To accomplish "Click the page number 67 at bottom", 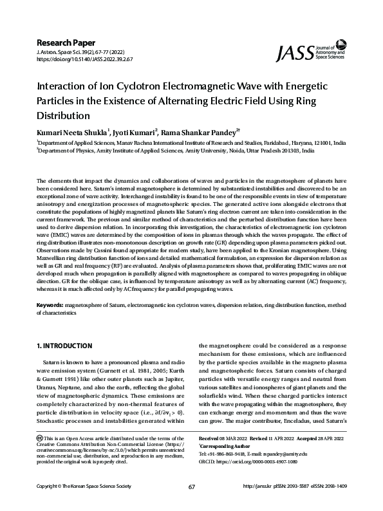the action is pos(191,504).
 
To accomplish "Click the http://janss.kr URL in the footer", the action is pos(263,504).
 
